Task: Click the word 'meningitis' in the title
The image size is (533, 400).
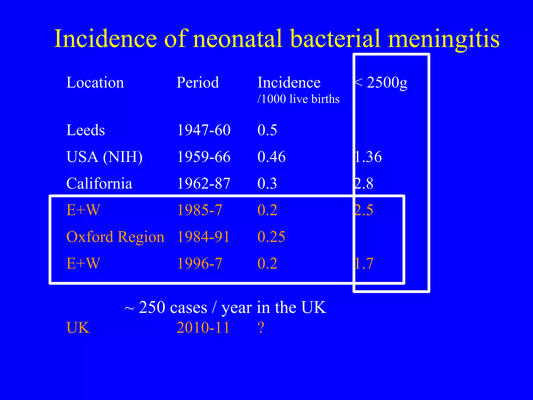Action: [443, 39]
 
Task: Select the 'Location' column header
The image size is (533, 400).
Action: [95, 83]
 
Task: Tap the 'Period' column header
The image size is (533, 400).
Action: [198, 83]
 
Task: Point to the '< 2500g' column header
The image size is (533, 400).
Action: [381, 83]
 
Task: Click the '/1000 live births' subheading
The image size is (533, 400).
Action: [298, 99]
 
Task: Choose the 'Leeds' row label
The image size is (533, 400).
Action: [85, 130]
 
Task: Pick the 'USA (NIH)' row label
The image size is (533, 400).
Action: [104, 157]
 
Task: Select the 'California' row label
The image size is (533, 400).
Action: [99, 183]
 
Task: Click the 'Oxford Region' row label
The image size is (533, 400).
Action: [115, 237]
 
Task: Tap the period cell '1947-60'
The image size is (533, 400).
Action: [204, 130]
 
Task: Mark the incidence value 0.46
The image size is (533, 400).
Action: [271, 157]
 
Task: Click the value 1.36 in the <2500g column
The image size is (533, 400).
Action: [368, 157]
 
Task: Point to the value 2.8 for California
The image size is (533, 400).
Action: [364, 183]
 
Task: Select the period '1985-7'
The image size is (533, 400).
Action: [200, 210]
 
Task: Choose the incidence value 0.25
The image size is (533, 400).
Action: [271, 237]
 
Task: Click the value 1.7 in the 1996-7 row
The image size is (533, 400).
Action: [364, 263]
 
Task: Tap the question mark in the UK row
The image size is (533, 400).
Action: [261, 328]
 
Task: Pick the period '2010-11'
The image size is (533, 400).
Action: [203, 328]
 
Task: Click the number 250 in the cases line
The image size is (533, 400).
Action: [155, 307]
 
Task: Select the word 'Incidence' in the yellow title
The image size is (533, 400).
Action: [105, 39]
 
